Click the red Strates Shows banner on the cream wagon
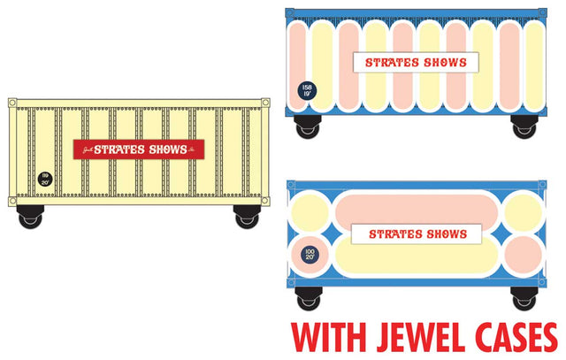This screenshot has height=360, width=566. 138,149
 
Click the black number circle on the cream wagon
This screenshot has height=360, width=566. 44,178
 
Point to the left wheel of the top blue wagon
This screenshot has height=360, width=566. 308,126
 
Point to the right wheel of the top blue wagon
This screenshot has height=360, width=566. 523,126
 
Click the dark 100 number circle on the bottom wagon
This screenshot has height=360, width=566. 310,255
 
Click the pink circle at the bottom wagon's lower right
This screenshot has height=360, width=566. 524,257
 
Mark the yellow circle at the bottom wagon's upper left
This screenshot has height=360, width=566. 310,211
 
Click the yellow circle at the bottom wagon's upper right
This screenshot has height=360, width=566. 524,212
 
